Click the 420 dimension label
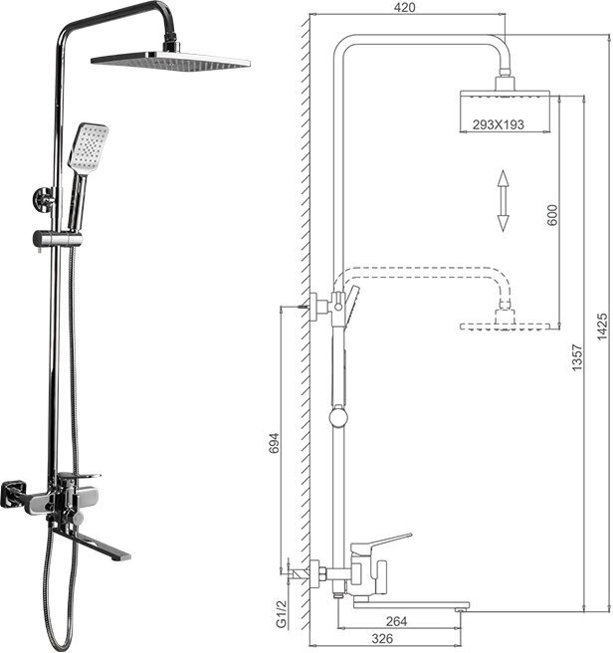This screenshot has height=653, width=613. point(404,8)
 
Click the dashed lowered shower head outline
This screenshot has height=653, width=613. point(506,325)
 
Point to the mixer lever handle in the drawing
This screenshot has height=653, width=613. point(383,542)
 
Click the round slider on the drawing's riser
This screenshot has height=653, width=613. point(339,416)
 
